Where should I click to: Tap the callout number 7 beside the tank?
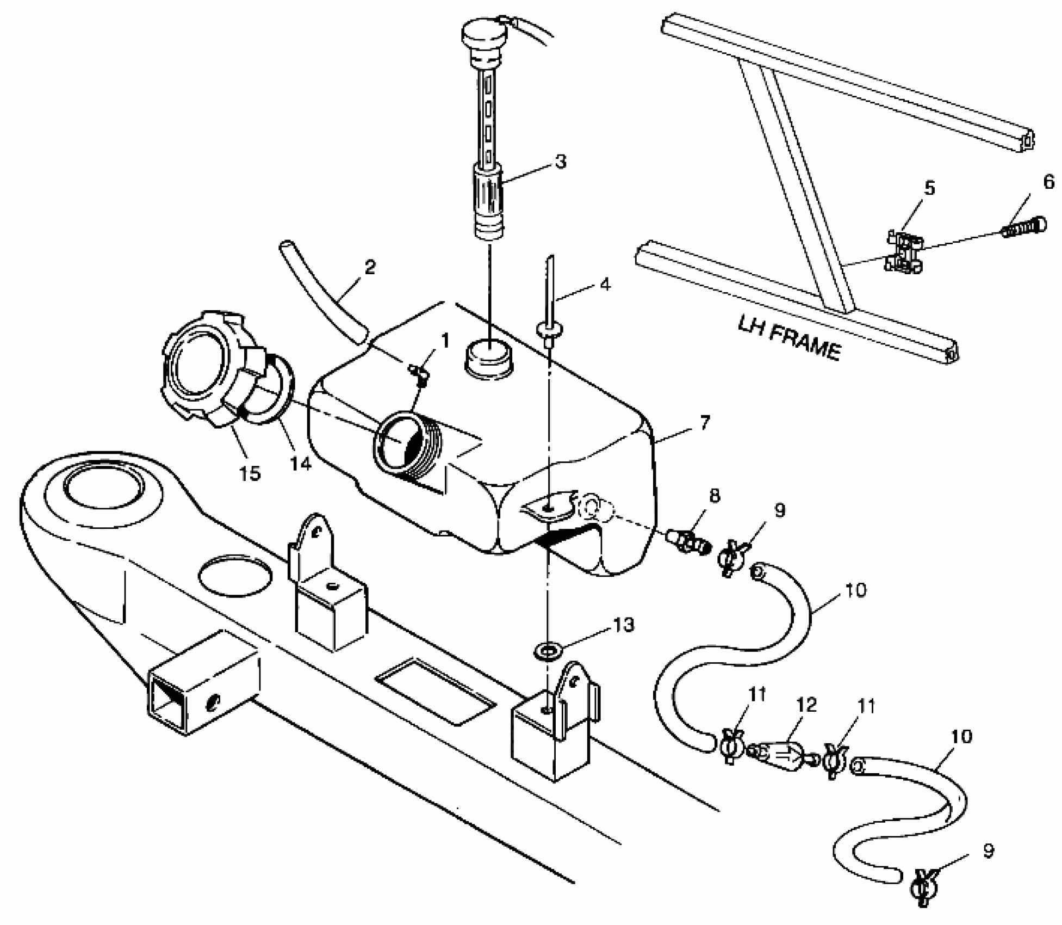704,422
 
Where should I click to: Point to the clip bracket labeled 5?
904,252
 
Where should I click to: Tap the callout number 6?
1048,182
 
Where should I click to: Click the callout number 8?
714,496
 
